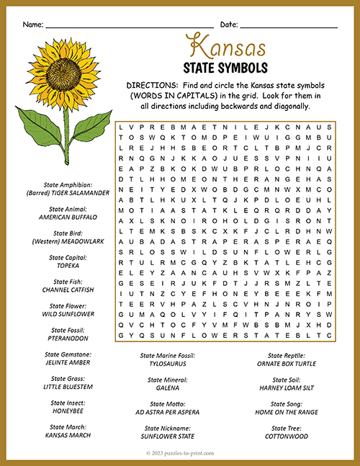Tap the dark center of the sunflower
pyautogui.click(x=66, y=73)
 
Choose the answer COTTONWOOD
pyautogui.click(x=287, y=436)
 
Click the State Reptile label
pyautogui.click(x=287, y=356)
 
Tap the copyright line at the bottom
pyautogui.click(x=179, y=453)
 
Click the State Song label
pyautogui.click(x=287, y=404)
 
